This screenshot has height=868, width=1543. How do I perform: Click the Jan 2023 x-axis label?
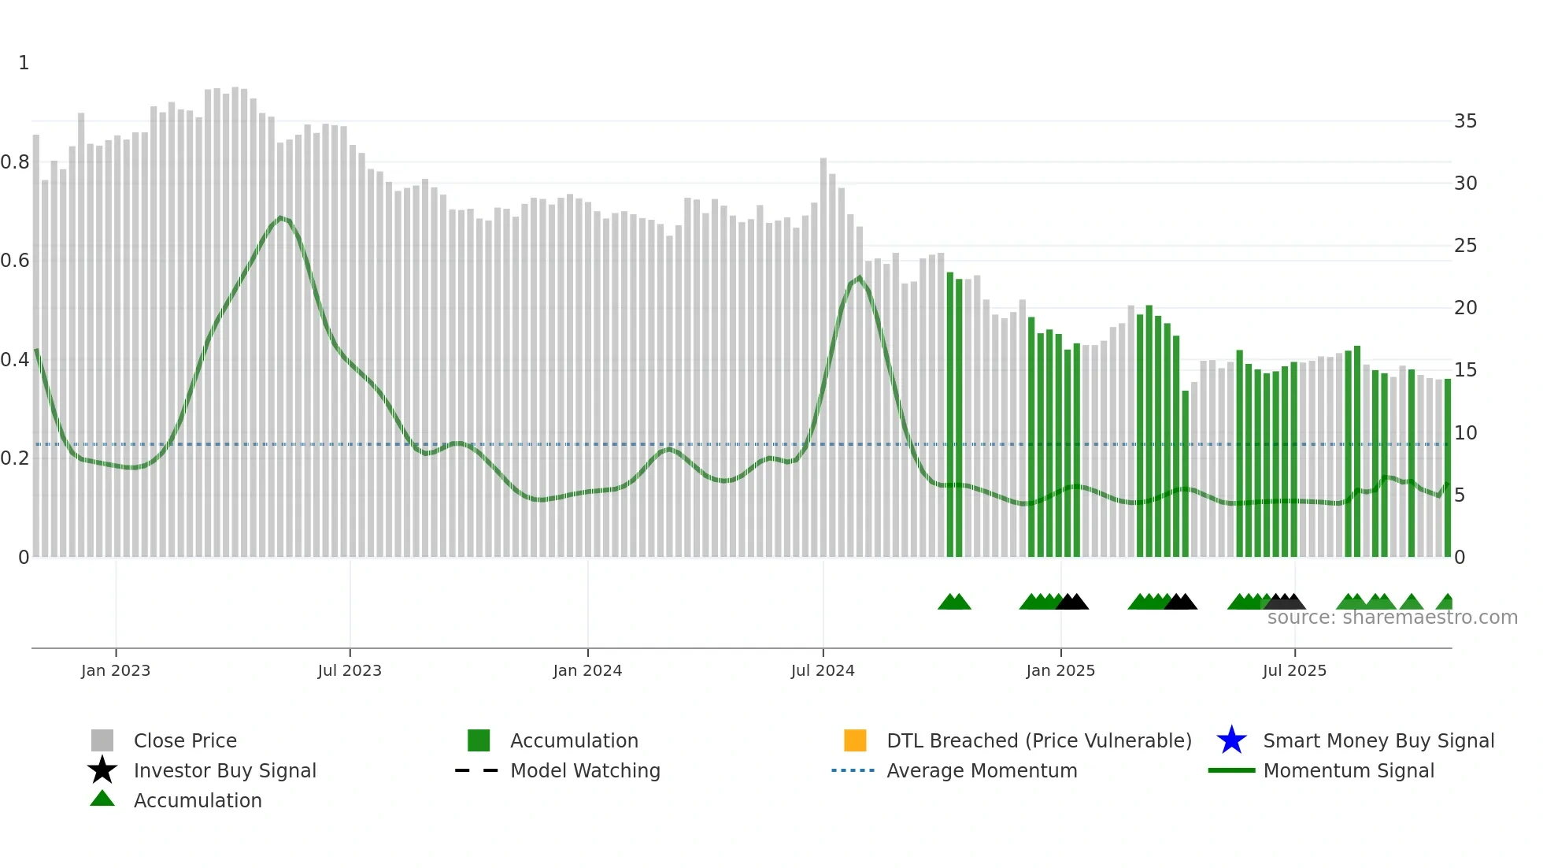115,670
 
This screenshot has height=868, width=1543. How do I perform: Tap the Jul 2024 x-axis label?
822,670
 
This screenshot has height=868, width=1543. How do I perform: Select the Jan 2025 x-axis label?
1060,670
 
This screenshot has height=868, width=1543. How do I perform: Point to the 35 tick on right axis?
1465,121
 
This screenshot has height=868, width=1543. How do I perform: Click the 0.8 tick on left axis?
15,162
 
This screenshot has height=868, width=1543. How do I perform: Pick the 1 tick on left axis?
24,63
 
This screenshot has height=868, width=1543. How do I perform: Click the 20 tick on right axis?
1465,308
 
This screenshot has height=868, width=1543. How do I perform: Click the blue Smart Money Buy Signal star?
1231,740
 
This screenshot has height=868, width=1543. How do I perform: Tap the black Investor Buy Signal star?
102,770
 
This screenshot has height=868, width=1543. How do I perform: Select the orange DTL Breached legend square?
855,740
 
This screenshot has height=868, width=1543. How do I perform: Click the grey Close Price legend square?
102,740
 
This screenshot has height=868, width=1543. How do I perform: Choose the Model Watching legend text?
585,770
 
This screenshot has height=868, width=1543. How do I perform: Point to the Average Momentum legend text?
982,770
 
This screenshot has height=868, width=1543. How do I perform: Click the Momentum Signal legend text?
1349,770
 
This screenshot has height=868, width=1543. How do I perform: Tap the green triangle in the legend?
102,799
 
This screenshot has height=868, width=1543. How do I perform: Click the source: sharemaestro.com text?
1392,618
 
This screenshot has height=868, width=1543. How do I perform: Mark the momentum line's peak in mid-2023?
281,217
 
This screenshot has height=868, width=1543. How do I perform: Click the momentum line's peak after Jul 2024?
859,277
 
